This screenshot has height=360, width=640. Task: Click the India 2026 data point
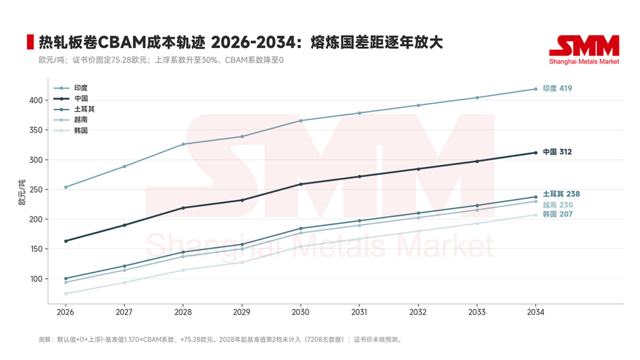(66, 187)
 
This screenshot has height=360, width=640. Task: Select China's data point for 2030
(301, 184)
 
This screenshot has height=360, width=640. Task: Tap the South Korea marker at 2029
(242, 262)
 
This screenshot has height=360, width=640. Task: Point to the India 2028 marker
(183, 144)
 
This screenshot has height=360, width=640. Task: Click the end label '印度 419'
(557, 89)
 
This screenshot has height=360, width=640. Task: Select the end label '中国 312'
(557, 152)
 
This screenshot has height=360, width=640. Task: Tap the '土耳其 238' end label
(561, 194)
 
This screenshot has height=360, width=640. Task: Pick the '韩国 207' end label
(557, 214)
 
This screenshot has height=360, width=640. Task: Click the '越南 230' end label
(557, 205)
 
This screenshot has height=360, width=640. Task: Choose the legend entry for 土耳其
(74, 109)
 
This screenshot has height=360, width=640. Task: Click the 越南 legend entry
(71, 119)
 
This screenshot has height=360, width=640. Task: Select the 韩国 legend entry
(71, 131)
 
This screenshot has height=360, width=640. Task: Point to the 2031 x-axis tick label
(359, 312)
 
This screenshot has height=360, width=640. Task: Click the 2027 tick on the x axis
(124, 312)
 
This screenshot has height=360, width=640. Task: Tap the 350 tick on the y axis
(36, 130)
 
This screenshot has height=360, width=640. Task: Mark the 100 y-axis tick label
(36, 279)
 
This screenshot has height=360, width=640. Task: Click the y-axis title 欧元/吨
(22, 192)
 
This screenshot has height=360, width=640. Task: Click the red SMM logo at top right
(584, 50)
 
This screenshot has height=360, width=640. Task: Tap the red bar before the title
(30, 42)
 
